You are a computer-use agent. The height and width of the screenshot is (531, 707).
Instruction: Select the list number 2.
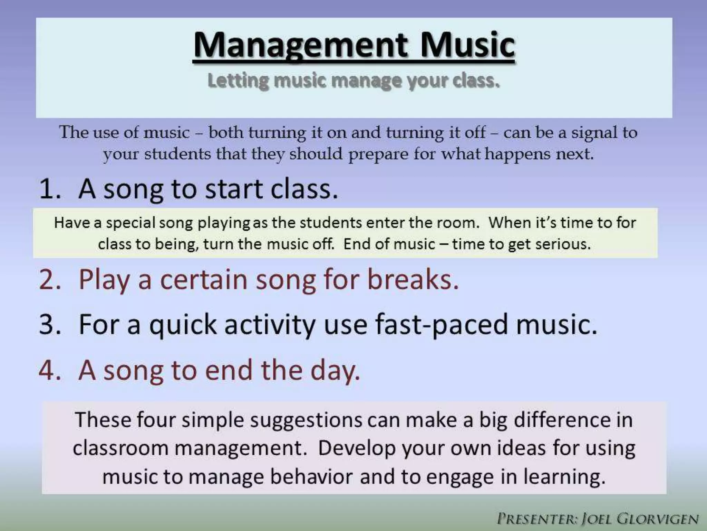50,279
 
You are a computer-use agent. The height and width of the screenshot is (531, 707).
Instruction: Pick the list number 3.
50,324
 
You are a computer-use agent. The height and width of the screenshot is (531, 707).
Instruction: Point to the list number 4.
50,370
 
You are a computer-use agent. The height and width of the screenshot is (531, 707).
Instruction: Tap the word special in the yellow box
130,223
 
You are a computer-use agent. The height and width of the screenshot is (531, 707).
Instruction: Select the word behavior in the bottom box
311,477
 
